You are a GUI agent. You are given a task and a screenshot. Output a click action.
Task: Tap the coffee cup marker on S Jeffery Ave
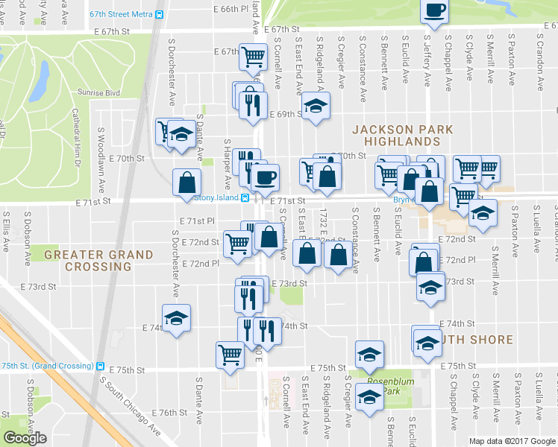pyautogui.click(x=434, y=10)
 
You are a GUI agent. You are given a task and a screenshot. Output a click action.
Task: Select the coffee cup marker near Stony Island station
pyautogui.click(x=264, y=177)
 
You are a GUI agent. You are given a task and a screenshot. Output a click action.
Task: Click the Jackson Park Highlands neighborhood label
pyautogui.click(x=403, y=135)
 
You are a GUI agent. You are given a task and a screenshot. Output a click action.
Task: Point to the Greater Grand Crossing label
pyautogui.click(x=98, y=260)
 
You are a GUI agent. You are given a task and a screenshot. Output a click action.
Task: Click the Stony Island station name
pyautogui.click(x=215, y=197)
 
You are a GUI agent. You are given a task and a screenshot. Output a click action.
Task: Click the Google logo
pyautogui.click(x=25, y=438)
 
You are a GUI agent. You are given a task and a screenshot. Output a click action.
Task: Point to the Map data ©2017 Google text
pyautogui.click(x=512, y=441)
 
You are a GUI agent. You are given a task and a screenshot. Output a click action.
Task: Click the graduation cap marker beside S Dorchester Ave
pyautogui.click(x=177, y=318)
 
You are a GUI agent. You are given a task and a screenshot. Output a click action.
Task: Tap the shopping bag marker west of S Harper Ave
pyautogui.click(x=186, y=181)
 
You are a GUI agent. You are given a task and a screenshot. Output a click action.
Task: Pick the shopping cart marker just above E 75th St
pyautogui.click(x=230, y=354)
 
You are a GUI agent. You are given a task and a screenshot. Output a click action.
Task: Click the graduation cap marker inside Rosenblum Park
pyautogui.click(x=369, y=399)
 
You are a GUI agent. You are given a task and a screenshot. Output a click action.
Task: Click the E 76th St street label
pyautogui.click(x=168, y=413)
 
